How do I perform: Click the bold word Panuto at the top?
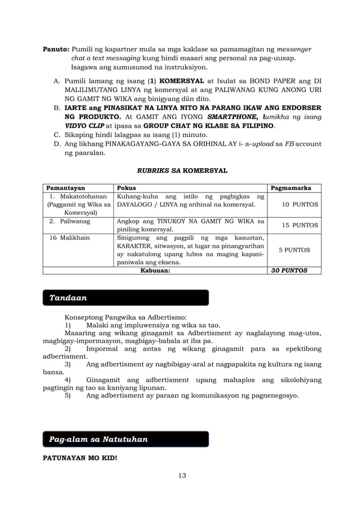[x=56, y=49]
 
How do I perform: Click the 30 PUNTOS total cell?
[x=289, y=270]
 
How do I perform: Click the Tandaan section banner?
[x=126, y=297]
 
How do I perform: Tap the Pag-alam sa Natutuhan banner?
[x=126, y=439]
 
